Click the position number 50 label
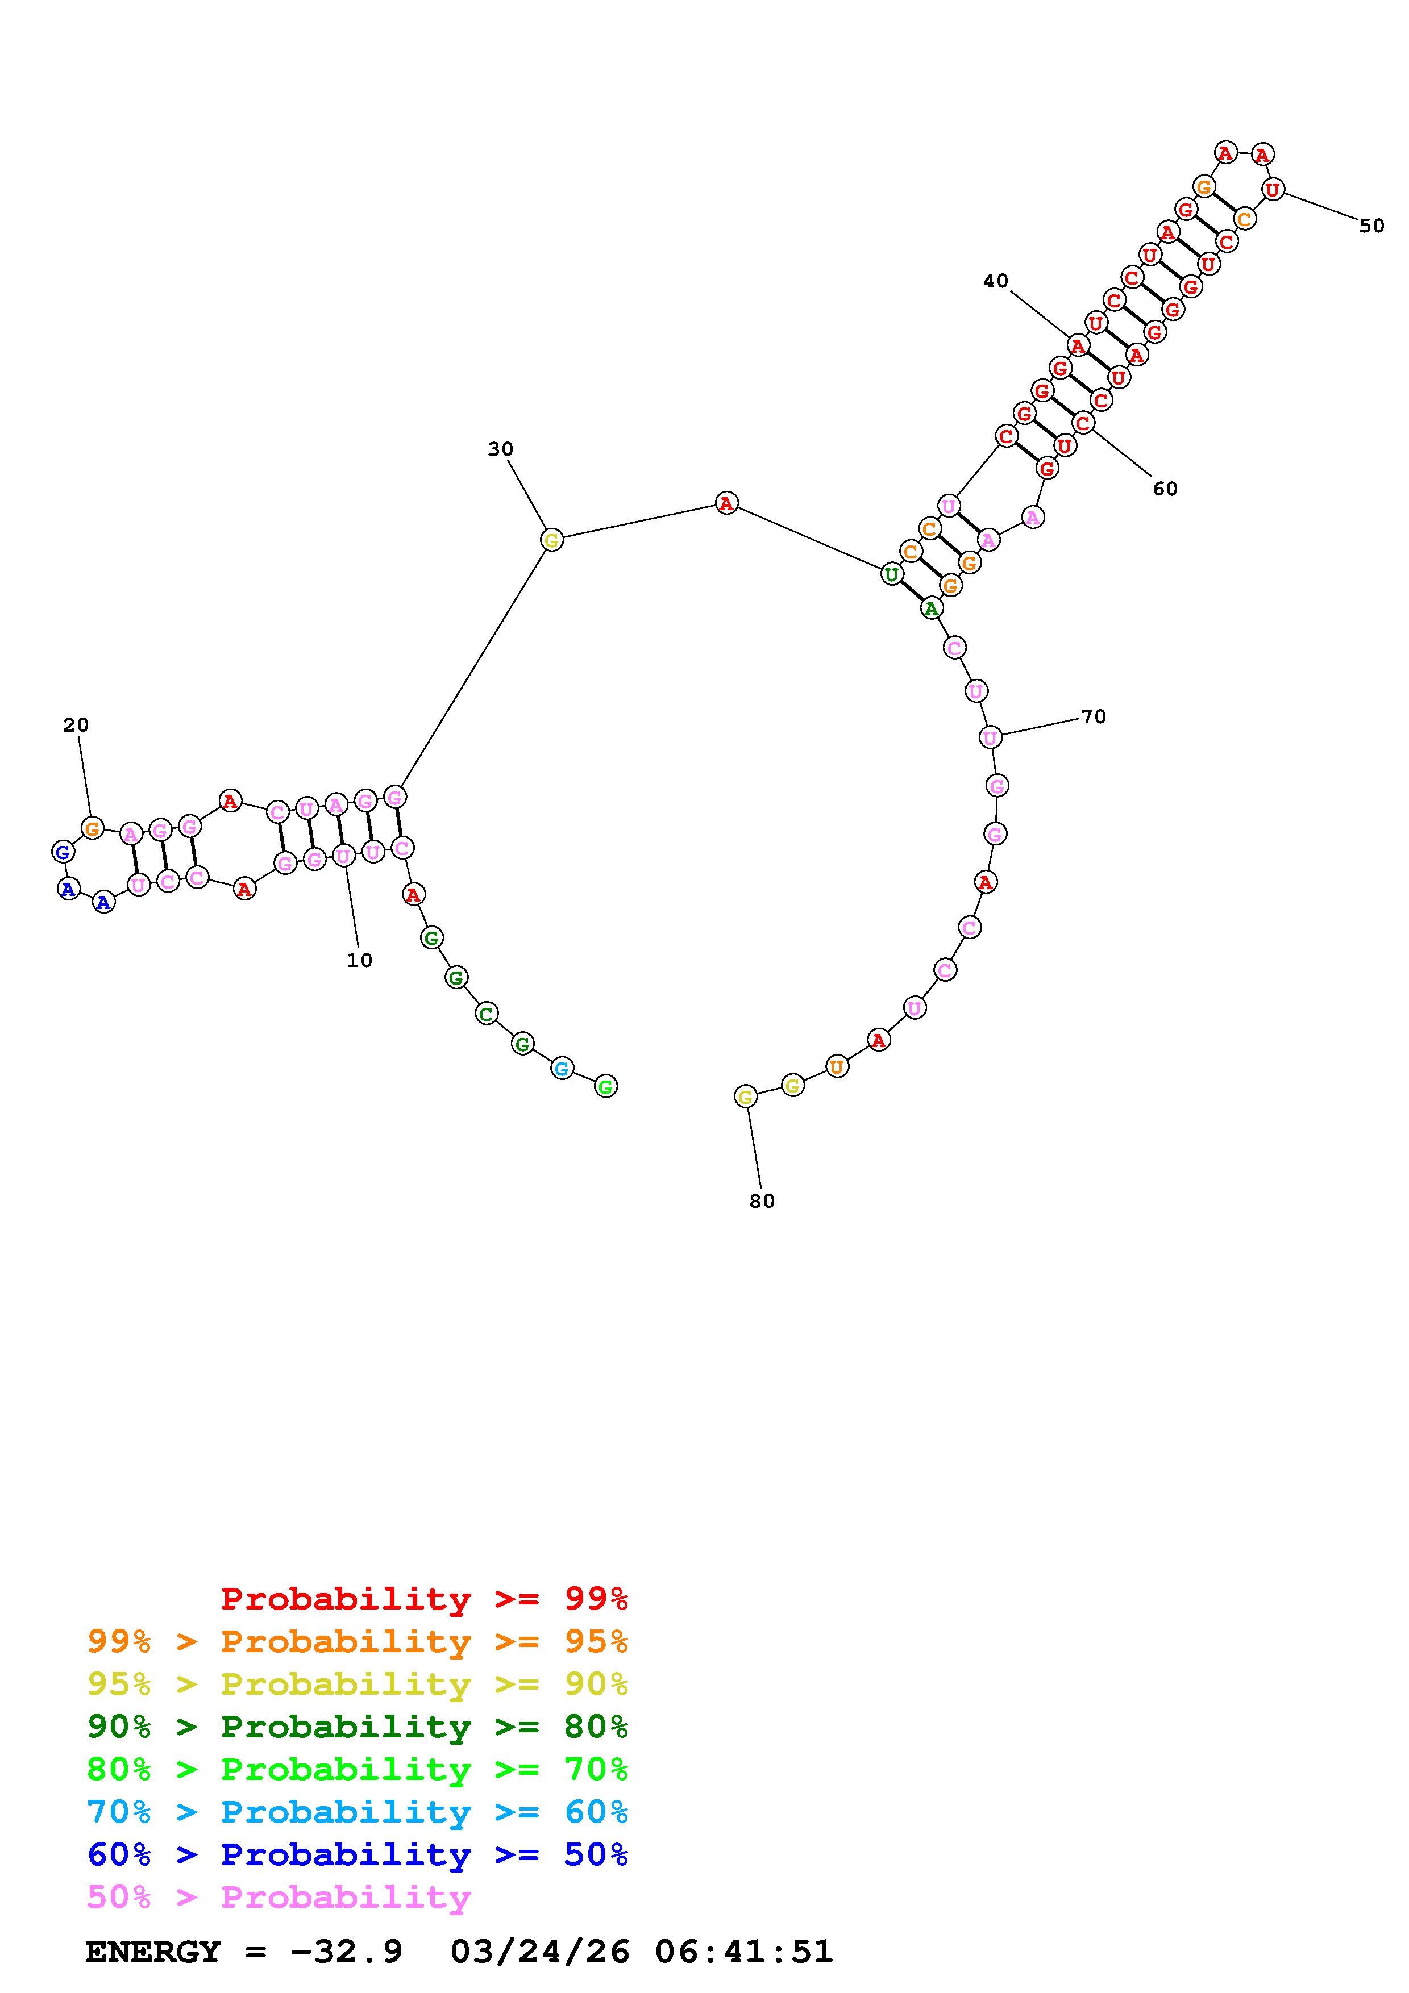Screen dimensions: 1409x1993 (1371, 226)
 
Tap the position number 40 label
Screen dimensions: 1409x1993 (996, 281)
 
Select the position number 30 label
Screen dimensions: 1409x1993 (500, 449)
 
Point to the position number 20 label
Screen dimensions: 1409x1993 (76, 725)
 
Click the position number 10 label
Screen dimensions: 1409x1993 (359, 960)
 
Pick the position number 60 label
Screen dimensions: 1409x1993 (1165, 489)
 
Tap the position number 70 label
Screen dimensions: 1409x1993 (1093, 716)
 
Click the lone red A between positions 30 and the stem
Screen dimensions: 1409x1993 (726, 503)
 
